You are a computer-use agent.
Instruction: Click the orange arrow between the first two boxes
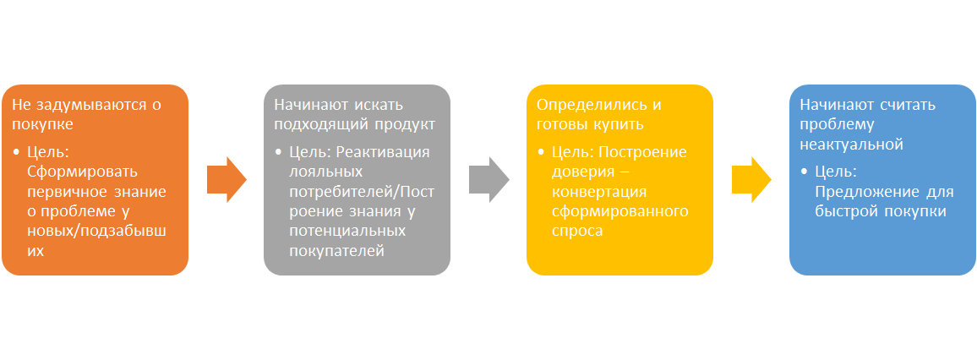coord(227,179)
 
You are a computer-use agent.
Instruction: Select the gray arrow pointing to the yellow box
coord(489,179)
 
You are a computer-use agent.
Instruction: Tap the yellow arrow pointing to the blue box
coord(751,179)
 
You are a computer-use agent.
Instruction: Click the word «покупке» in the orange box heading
coord(43,124)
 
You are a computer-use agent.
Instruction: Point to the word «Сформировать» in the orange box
coord(83,172)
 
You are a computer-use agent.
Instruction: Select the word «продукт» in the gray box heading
coord(406,124)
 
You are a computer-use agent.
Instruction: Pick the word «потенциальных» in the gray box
coord(347,232)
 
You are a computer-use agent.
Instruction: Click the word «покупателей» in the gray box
coord(337,251)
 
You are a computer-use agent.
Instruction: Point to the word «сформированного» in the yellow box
coord(620,211)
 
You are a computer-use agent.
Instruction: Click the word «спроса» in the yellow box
coord(577,232)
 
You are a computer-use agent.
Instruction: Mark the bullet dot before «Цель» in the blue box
coord(805,172)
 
